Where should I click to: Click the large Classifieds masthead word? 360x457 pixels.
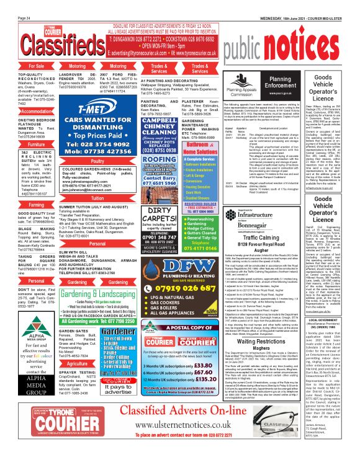(45, 43)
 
